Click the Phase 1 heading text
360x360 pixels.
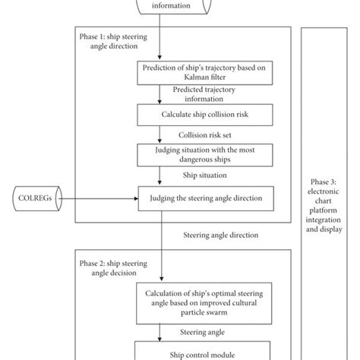pyautogui.click(x=118, y=39)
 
